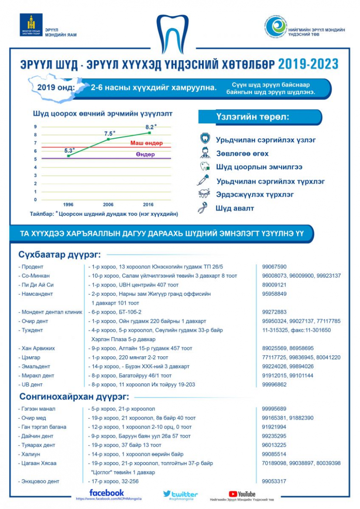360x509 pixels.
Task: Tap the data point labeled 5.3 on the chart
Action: point(69,156)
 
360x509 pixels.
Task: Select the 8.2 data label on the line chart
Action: point(151,127)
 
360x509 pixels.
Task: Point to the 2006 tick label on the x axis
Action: point(109,204)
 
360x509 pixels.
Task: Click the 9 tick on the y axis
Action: point(36,126)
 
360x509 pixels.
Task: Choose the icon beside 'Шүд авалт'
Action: point(202,208)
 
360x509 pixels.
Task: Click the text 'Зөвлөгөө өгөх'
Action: point(242,154)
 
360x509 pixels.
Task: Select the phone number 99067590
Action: point(274,266)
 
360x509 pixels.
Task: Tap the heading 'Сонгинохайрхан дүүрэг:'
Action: point(74,397)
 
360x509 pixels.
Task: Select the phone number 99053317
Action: point(274,481)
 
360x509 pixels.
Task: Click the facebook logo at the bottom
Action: point(106,492)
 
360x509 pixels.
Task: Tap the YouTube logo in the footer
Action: point(242,494)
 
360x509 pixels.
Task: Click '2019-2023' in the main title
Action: point(308,64)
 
